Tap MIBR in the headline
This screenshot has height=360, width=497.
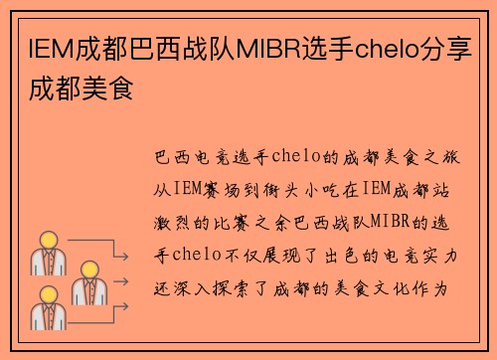pyautogui.click(x=268, y=48)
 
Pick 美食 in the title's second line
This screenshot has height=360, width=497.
pyautogui.click(x=110, y=90)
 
